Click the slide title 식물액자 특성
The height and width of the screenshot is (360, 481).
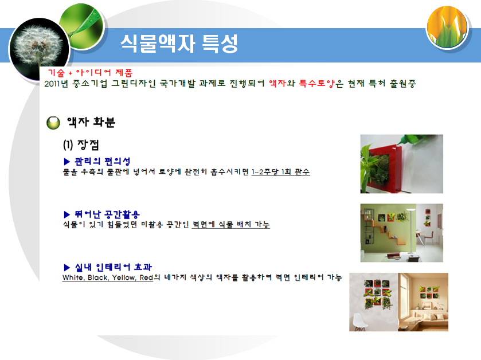(179, 44)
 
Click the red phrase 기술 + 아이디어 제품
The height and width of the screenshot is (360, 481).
(90, 73)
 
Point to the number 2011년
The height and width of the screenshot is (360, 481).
(56, 84)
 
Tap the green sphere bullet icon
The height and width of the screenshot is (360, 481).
(54, 122)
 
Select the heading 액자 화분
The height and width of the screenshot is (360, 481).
(91, 122)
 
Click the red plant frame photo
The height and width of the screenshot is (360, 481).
(401, 164)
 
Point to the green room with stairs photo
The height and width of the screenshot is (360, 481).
(401, 233)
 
